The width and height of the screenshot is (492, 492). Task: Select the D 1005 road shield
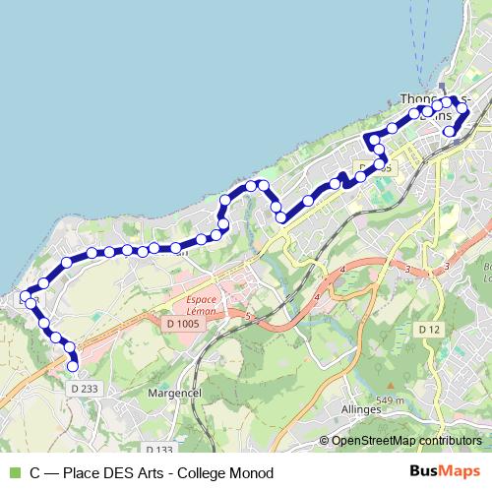(x=182, y=324)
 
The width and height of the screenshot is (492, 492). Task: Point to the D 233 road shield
(x=85, y=390)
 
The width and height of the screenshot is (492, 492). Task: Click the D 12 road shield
(x=427, y=329)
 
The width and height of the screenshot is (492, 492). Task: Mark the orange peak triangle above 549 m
(x=392, y=386)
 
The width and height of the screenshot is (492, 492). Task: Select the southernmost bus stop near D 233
(x=72, y=366)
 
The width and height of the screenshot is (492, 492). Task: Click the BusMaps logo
(x=444, y=471)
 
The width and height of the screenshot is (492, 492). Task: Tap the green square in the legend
(x=14, y=472)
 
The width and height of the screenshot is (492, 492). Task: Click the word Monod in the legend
(x=245, y=472)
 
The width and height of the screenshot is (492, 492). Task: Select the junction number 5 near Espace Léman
(x=248, y=316)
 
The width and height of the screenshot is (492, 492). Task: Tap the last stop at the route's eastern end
(x=450, y=130)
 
